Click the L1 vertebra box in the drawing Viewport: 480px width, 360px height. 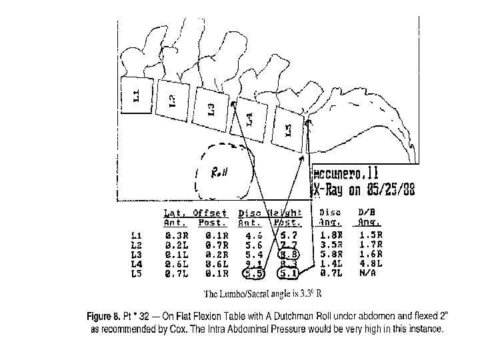137,96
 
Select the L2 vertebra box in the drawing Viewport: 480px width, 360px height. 172,101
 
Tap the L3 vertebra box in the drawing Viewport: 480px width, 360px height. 211,107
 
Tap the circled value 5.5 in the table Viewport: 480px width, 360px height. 253,273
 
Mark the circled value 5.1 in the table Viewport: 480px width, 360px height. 289,273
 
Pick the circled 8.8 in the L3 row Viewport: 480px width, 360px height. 289,254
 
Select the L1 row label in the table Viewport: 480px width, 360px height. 137,235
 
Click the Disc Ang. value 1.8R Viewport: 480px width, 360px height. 331,235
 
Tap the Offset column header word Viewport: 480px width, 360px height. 210,214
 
